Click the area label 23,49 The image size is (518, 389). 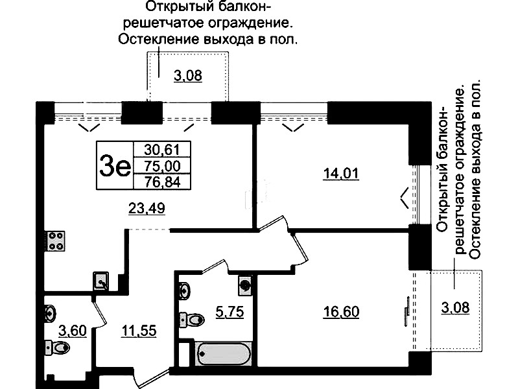(147, 208)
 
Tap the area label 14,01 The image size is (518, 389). (340, 174)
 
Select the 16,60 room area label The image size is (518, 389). (341, 312)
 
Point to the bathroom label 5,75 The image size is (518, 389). (230, 312)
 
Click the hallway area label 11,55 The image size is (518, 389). (139, 331)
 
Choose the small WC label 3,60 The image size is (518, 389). (73, 331)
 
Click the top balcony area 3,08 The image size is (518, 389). (188, 76)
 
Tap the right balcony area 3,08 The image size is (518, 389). (455, 308)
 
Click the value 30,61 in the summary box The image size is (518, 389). (162, 150)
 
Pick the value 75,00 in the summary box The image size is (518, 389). (162, 166)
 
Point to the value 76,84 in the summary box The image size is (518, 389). (162, 182)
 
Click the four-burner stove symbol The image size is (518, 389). (56, 241)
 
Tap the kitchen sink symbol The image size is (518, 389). (100, 281)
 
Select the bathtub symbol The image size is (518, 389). (223, 353)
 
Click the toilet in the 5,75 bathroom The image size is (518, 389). (192, 319)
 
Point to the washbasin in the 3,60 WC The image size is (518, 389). (51, 312)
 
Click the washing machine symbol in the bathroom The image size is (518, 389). (245, 285)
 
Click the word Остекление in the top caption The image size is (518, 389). (158, 40)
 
